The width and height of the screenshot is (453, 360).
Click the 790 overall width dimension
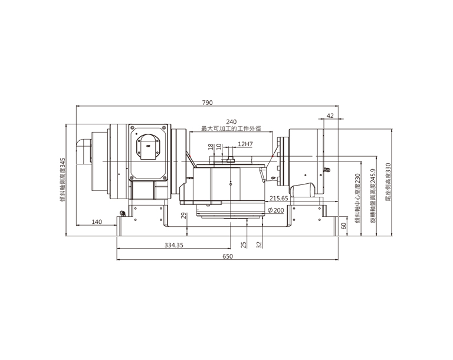tap(207, 103)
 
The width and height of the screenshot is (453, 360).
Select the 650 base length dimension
tap(227, 256)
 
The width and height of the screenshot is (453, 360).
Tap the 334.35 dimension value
tap(174, 245)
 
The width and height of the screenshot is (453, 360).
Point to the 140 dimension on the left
tap(97, 222)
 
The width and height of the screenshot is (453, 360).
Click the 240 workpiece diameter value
tap(231, 122)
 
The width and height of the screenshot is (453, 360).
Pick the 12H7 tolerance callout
tap(245, 144)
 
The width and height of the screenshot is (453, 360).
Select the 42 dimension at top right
tap(330, 115)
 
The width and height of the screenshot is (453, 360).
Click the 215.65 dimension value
tap(279, 199)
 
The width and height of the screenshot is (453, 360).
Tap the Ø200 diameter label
tap(276, 210)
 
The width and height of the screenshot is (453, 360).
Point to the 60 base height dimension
tap(343, 226)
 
